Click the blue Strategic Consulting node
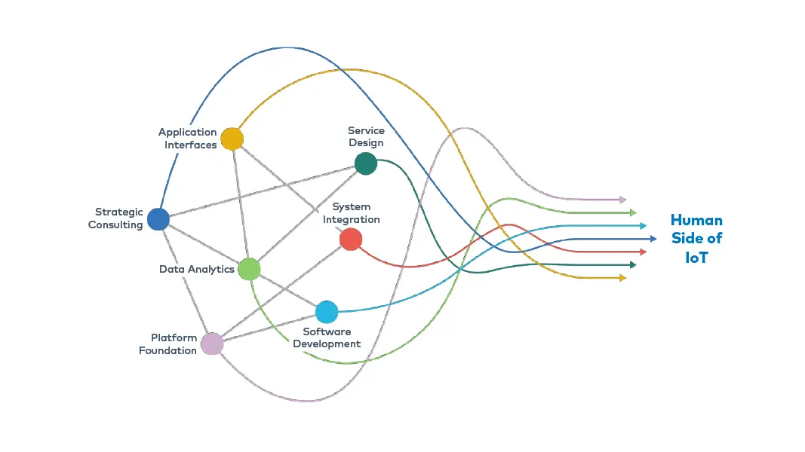coord(158,219)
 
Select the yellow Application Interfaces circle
coord(232,139)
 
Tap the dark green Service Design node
coord(366,163)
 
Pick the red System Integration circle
coord(351,240)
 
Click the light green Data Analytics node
coord(249,269)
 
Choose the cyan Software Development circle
coord(327,312)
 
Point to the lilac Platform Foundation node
coord(212,344)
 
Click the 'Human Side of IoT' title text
coord(696,239)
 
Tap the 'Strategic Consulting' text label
coord(116,218)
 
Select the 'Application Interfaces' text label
coord(189,138)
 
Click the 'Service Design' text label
coord(366,136)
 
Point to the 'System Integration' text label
coord(352,213)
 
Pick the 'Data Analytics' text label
coord(197,269)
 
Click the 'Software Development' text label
coord(327,337)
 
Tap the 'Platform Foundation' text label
coord(168,344)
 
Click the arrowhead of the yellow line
coord(622,278)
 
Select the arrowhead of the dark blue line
coord(653,239)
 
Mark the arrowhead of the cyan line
coord(643,225)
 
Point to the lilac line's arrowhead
coord(622,200)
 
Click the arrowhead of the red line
coord(643,252)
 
